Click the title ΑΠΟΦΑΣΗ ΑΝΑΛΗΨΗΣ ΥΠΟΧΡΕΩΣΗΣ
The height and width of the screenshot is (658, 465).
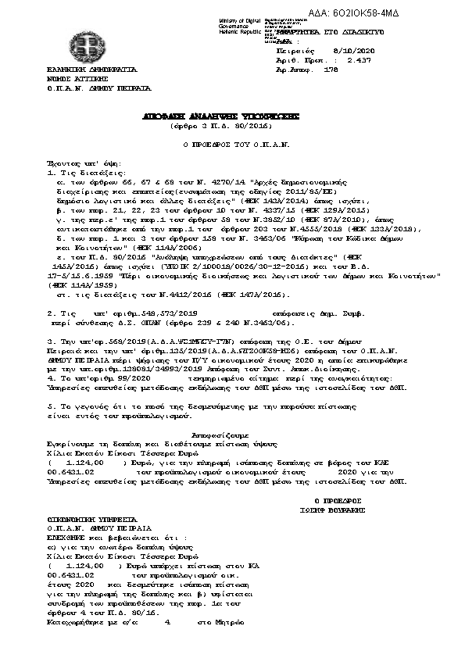point(210,115)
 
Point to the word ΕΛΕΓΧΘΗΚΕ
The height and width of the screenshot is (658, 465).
point(67,538)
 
